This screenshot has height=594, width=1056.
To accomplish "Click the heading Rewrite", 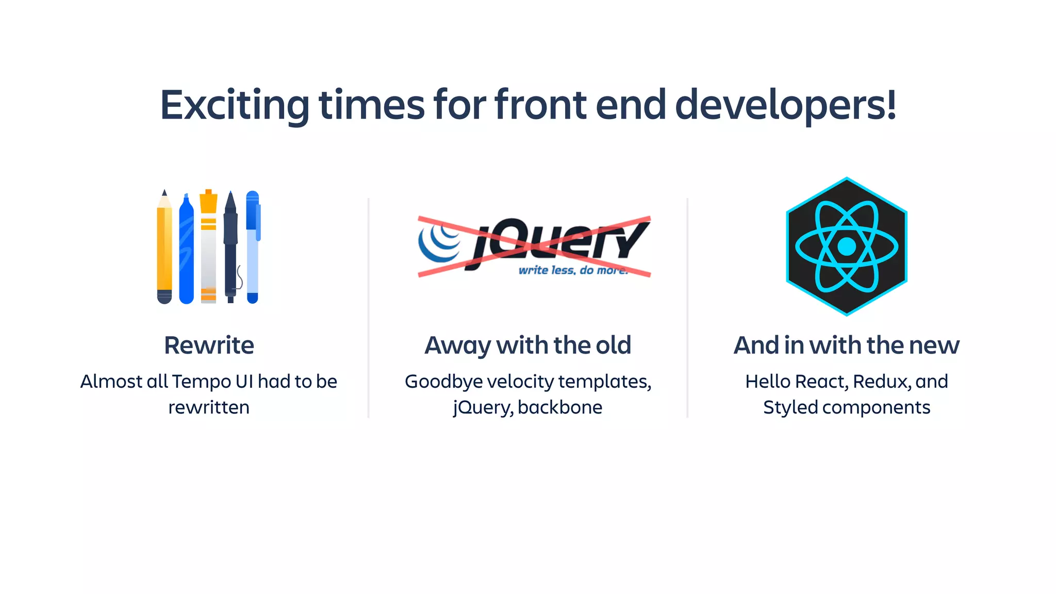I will click(209, 345).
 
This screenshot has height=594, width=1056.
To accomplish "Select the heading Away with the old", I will click(527, 345).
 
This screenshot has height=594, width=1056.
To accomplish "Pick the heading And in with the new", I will click(846, 345).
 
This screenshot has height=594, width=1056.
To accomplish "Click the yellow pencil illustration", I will click(164, 247).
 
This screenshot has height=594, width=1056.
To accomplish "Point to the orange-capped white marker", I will click(208, 247).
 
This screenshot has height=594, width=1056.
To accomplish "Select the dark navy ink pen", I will click(230, 247).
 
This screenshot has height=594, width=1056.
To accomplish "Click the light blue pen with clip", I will click(252, 247).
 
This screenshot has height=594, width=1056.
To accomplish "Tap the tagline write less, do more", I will click(572, 270).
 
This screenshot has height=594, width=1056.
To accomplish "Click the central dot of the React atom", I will click(846, 246).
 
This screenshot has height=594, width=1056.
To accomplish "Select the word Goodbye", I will click(443, 382).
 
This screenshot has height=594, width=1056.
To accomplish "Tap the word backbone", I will click(560, 408).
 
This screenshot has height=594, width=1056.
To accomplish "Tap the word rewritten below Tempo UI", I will click(209, 408).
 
